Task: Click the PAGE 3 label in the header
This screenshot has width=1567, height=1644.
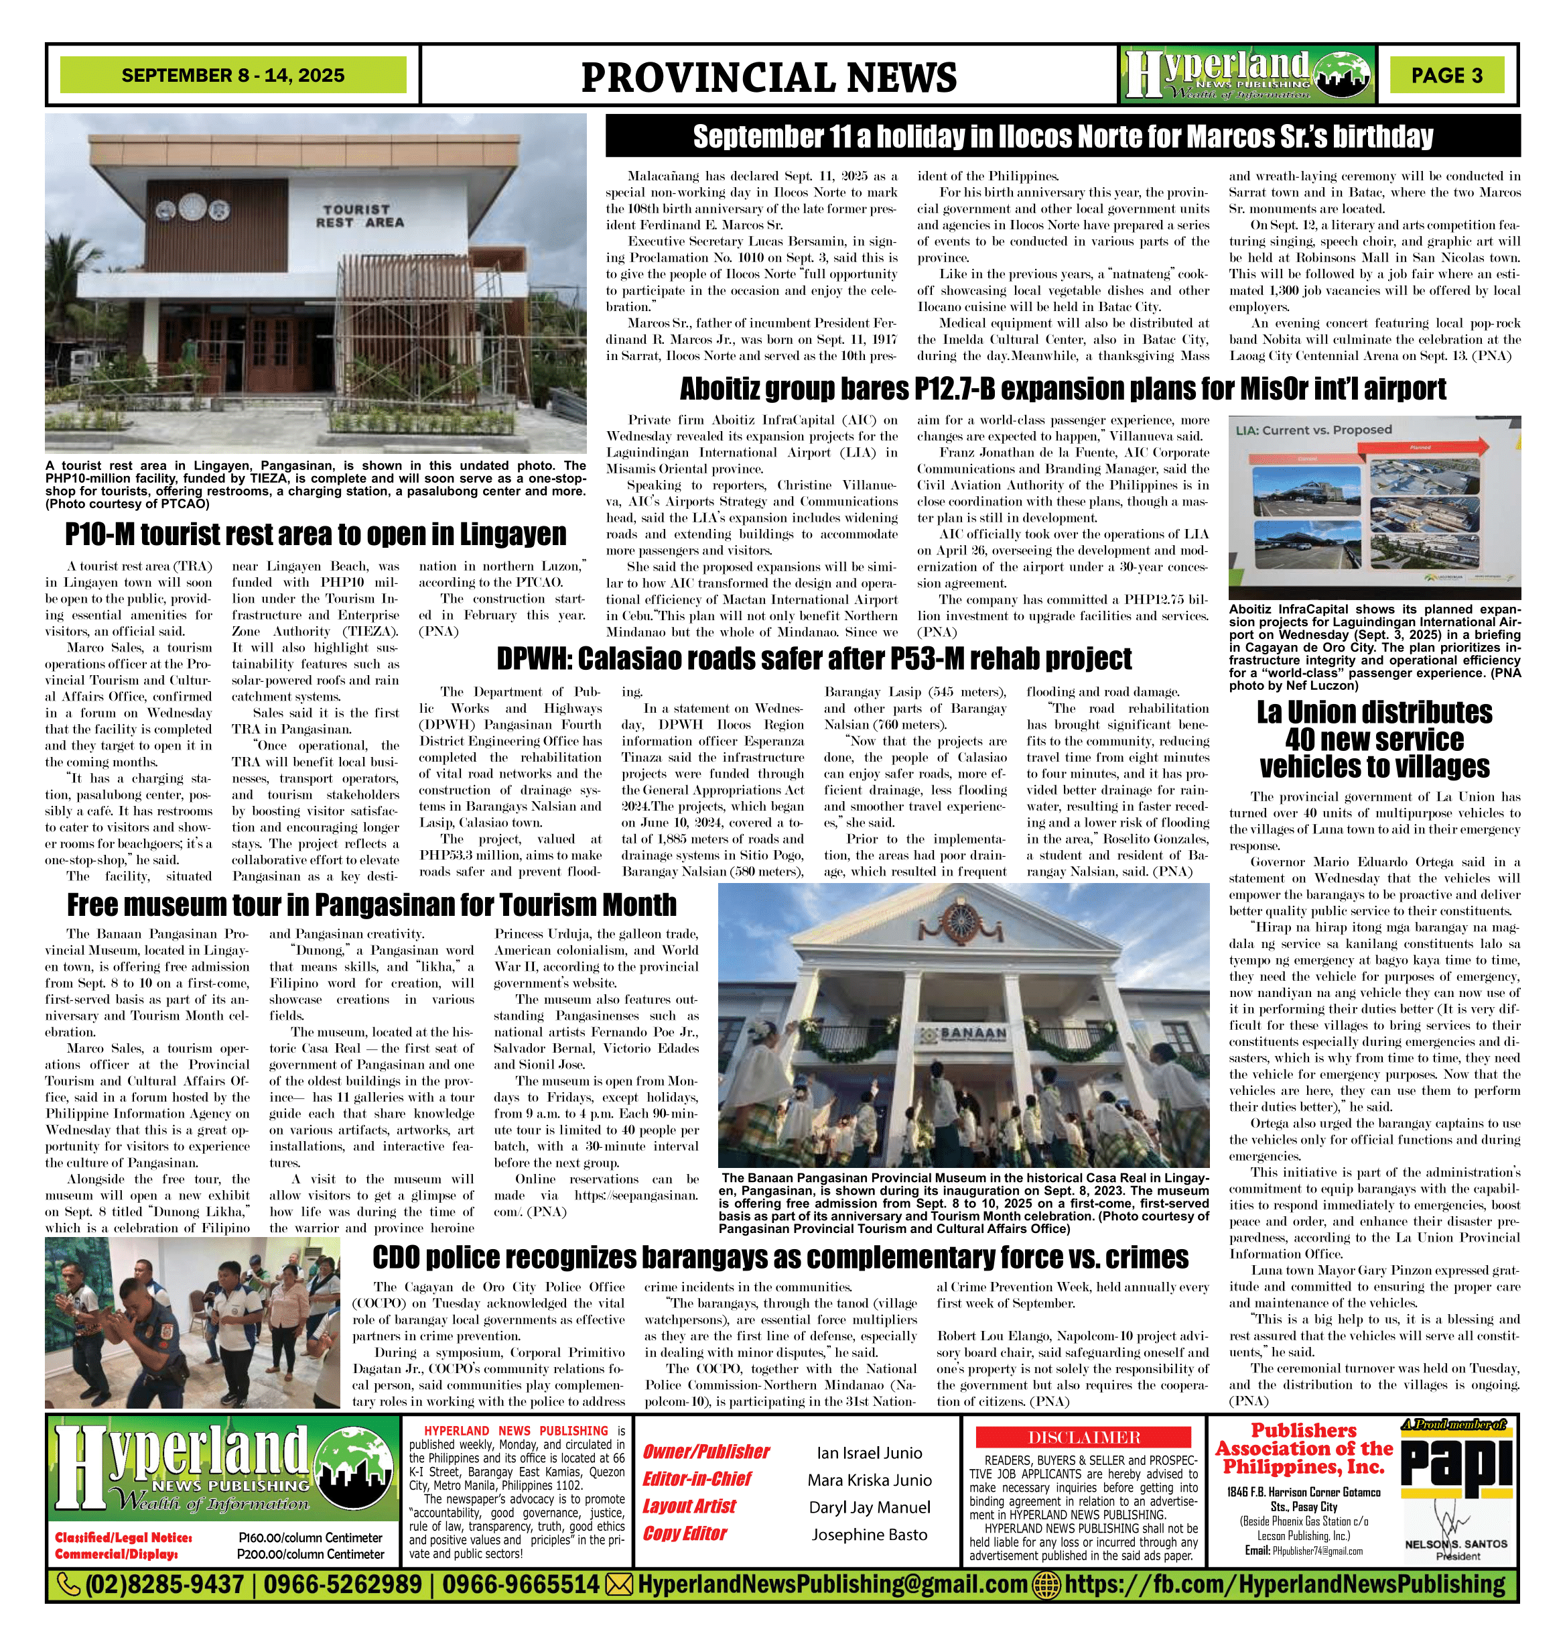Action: click(1446, 75)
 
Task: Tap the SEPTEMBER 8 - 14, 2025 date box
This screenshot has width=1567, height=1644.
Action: click(233, 75)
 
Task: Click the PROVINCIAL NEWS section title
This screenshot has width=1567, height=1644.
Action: click(768, 78)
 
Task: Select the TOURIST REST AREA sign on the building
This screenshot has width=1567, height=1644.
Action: click(359, 216)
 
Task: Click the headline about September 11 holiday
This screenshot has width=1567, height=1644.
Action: click(1063, 136)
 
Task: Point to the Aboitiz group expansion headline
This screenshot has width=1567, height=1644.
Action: click(1063, 389)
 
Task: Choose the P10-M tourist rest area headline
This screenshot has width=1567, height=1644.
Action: click(316, 534)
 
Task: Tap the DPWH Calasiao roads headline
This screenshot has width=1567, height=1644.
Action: click(815, 658)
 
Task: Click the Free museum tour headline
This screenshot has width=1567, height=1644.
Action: click(372, 904)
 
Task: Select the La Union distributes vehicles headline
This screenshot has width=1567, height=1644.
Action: click(1374, 740)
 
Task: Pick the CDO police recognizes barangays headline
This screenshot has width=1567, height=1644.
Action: click(780, 1257)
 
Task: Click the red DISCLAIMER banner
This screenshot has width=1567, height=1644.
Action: click(1084, 1437)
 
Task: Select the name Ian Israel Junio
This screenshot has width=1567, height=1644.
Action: click(870, 1454)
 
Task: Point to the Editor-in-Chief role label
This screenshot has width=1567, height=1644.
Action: click(697, 1478)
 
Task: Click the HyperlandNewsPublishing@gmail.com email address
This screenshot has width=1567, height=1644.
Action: click(832, 1584)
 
